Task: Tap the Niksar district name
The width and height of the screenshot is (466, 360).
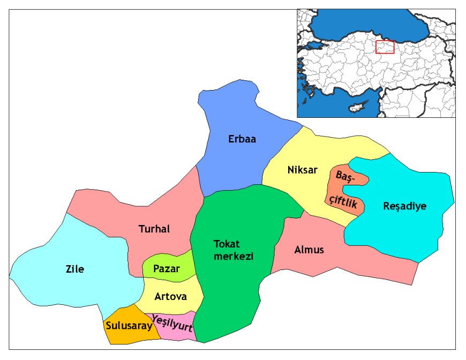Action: pos(302,170)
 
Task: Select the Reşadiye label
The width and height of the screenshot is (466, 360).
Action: pos(405,206)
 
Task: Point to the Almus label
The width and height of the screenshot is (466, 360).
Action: pos(309,250)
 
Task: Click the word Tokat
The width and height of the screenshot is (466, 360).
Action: pos(225,244)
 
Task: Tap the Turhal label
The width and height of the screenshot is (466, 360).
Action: pos(154,229)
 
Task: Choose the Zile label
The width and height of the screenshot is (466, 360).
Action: pos(75,269)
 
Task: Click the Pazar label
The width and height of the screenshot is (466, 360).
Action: pos(166,269)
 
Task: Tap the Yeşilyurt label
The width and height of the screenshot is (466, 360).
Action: pos(172,325)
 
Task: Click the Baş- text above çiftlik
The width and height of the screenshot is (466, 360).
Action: pos(346,176)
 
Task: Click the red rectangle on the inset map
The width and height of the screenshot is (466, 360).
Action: pos(385,47)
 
